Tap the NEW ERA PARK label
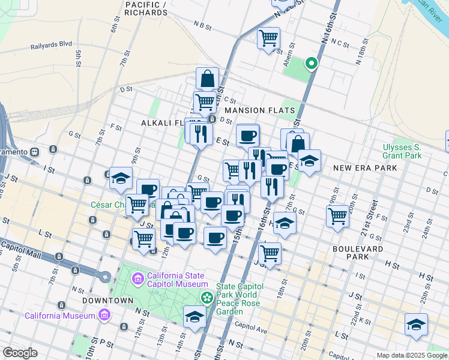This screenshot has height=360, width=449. [365, 168]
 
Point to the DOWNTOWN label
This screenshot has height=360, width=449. [107, 300]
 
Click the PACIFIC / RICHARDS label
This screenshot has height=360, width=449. [146, 8]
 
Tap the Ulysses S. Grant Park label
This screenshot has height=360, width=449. [402, 151]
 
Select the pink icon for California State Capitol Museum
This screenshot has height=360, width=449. [137, 278]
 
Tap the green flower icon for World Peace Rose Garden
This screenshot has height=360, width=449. [207, 297]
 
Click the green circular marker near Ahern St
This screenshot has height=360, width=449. [311, 62]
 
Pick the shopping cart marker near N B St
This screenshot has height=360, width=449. [268, 39]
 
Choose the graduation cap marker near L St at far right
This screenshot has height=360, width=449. [416, 325]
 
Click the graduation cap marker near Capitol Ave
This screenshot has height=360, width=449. [194, 317]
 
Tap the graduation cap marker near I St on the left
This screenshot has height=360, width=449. [121, 178]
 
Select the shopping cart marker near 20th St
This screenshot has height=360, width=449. [338, 215]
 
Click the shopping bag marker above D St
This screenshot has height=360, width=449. [207, 79]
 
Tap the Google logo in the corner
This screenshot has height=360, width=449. [20, 352]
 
